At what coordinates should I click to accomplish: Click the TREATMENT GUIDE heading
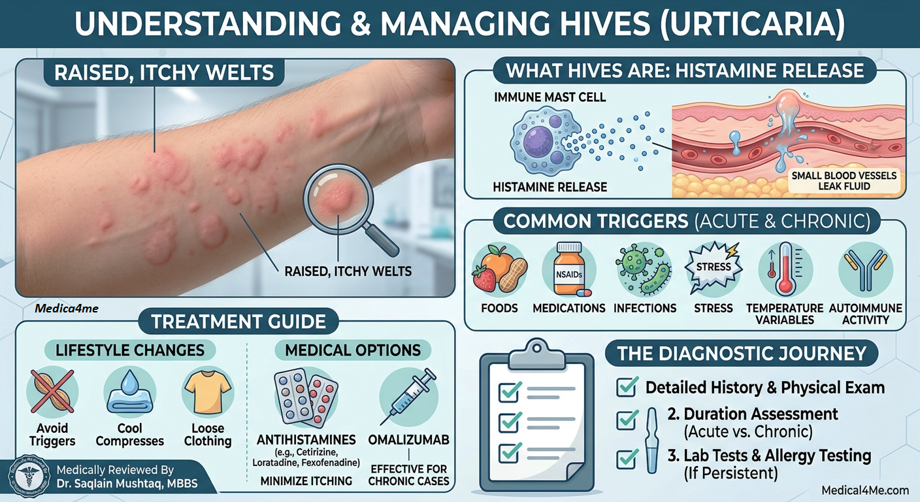tap(238, 321)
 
